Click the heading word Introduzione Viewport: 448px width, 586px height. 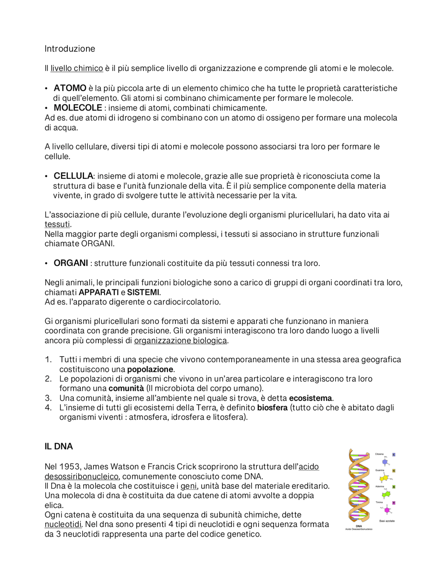coord(70,49)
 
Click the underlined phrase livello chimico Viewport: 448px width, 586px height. coord(77,68)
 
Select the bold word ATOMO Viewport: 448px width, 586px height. coord(70,88)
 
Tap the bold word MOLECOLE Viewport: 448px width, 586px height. coord(78,108)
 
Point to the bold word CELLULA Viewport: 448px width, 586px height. coord(73,176)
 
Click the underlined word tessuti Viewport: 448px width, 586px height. coord(57,224)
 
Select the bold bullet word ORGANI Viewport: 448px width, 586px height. coord(71,263)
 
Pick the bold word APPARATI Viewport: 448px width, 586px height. coord(99,292)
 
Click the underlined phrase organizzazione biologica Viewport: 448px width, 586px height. coord(180,340)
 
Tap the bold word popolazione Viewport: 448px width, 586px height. coord(150,369)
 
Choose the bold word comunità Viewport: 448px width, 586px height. coord(126,388)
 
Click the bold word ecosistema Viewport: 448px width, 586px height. coord(310,398)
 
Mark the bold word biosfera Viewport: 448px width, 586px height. coord(272,408)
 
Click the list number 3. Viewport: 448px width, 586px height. coord(48,398)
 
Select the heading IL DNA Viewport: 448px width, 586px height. coord(59,446)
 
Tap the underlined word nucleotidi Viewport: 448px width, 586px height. coord(63,524)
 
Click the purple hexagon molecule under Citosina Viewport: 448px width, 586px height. coord(385,462)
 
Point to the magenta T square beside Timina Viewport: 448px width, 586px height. coord(394,503)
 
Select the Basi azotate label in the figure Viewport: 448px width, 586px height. coord(387,521)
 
